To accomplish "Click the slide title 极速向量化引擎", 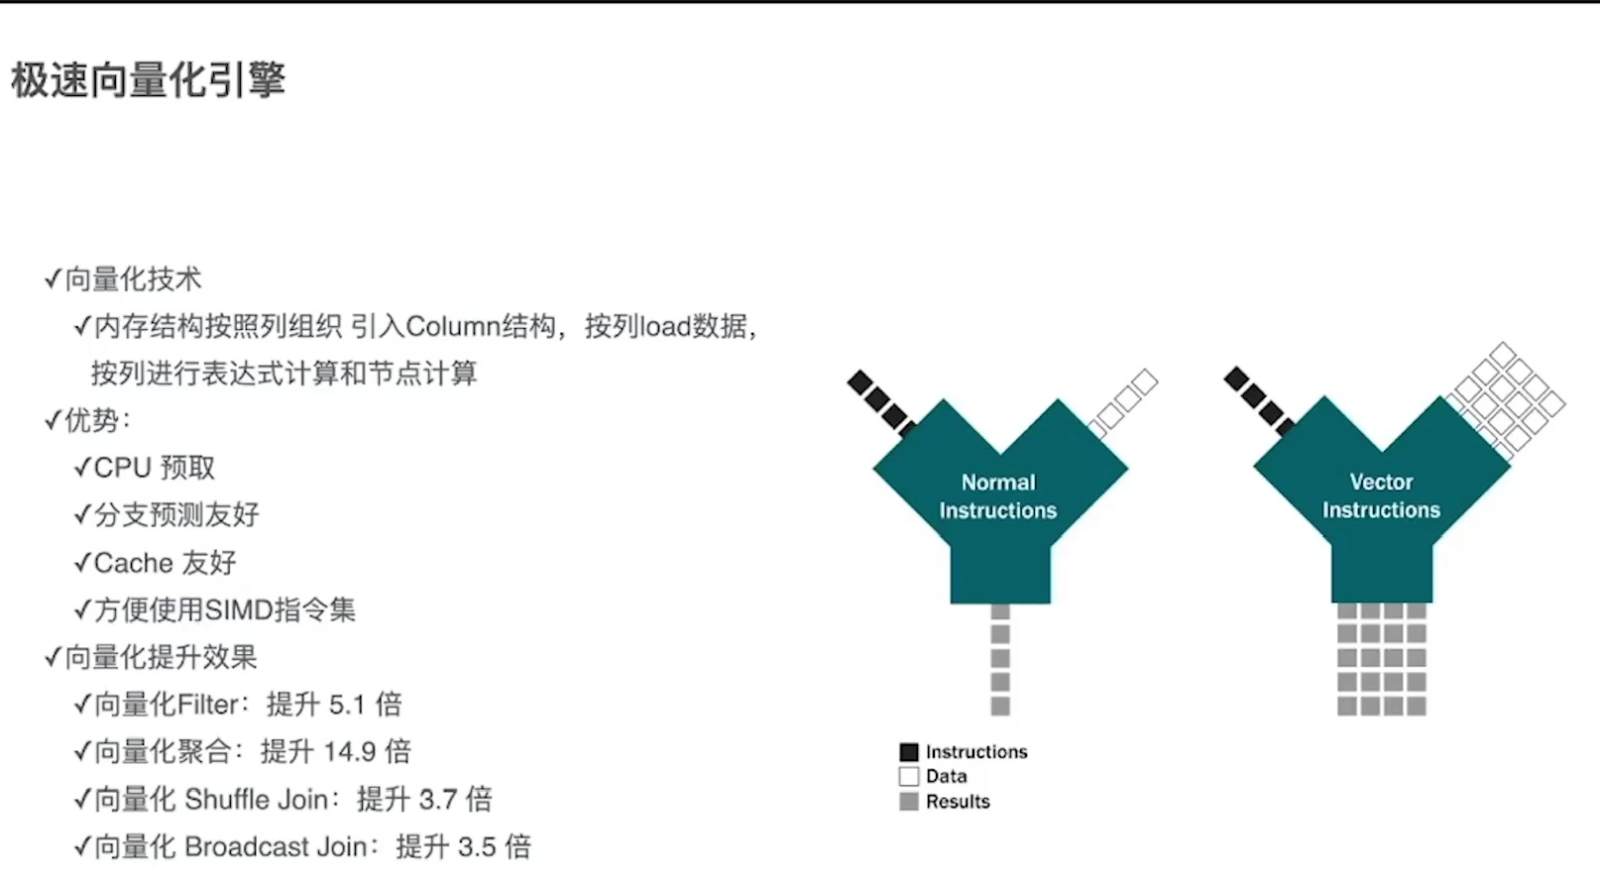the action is (x=149, y=80).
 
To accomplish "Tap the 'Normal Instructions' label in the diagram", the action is (x=998, y=496).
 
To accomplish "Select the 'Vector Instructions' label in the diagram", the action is (x=1381, y=495).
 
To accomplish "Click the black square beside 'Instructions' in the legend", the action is (x=909, y=752).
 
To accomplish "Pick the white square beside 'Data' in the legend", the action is (x=909, y=776).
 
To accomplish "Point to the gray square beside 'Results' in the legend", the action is (x=909, y=801).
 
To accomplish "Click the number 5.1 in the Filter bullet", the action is (x=347, y=705).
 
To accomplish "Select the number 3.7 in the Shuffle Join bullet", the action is (x=437, y=800).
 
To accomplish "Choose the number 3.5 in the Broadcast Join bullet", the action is (x=477, y=847).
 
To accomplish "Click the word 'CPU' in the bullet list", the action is (x=122, y=468).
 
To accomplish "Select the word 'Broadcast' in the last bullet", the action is (x=247, y=847).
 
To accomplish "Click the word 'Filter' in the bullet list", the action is (x=207, y=705).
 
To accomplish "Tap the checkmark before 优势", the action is (x=53, y=420).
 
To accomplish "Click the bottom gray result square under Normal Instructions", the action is (x=1000, y=706).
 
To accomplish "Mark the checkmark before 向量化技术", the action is (x=53, y=279).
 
